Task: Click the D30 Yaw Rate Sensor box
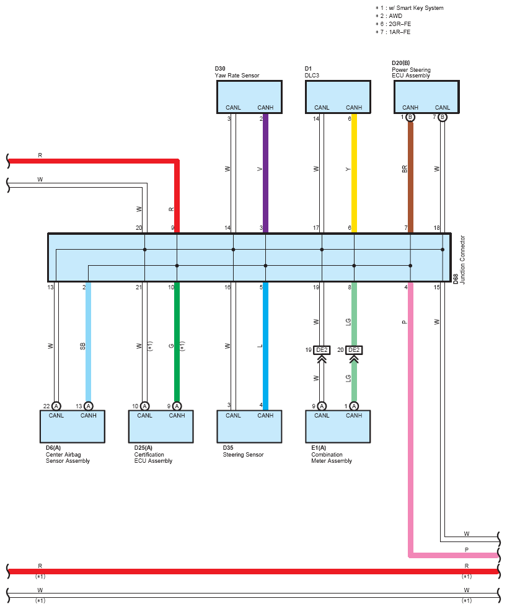[249, 97]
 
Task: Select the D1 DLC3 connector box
[338, 97]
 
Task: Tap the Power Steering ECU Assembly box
[426, 97]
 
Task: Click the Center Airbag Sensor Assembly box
[73, 426]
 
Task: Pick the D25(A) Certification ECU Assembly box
[161, 426]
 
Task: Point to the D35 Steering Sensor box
[249, 426]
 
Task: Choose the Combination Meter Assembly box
[338, 426]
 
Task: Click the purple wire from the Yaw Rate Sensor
[266, 173]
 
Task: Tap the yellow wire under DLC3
[355, 173]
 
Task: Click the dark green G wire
[177, 342]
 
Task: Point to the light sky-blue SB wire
[88, 342]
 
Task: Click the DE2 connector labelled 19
[322, 350]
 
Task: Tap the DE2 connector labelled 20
[354, 350]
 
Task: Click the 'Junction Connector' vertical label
[462, 260]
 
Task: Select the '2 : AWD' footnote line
[389, 16]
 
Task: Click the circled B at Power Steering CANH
[410, 117]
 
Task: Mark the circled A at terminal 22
[56, 406]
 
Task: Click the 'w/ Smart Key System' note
[416, 8]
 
